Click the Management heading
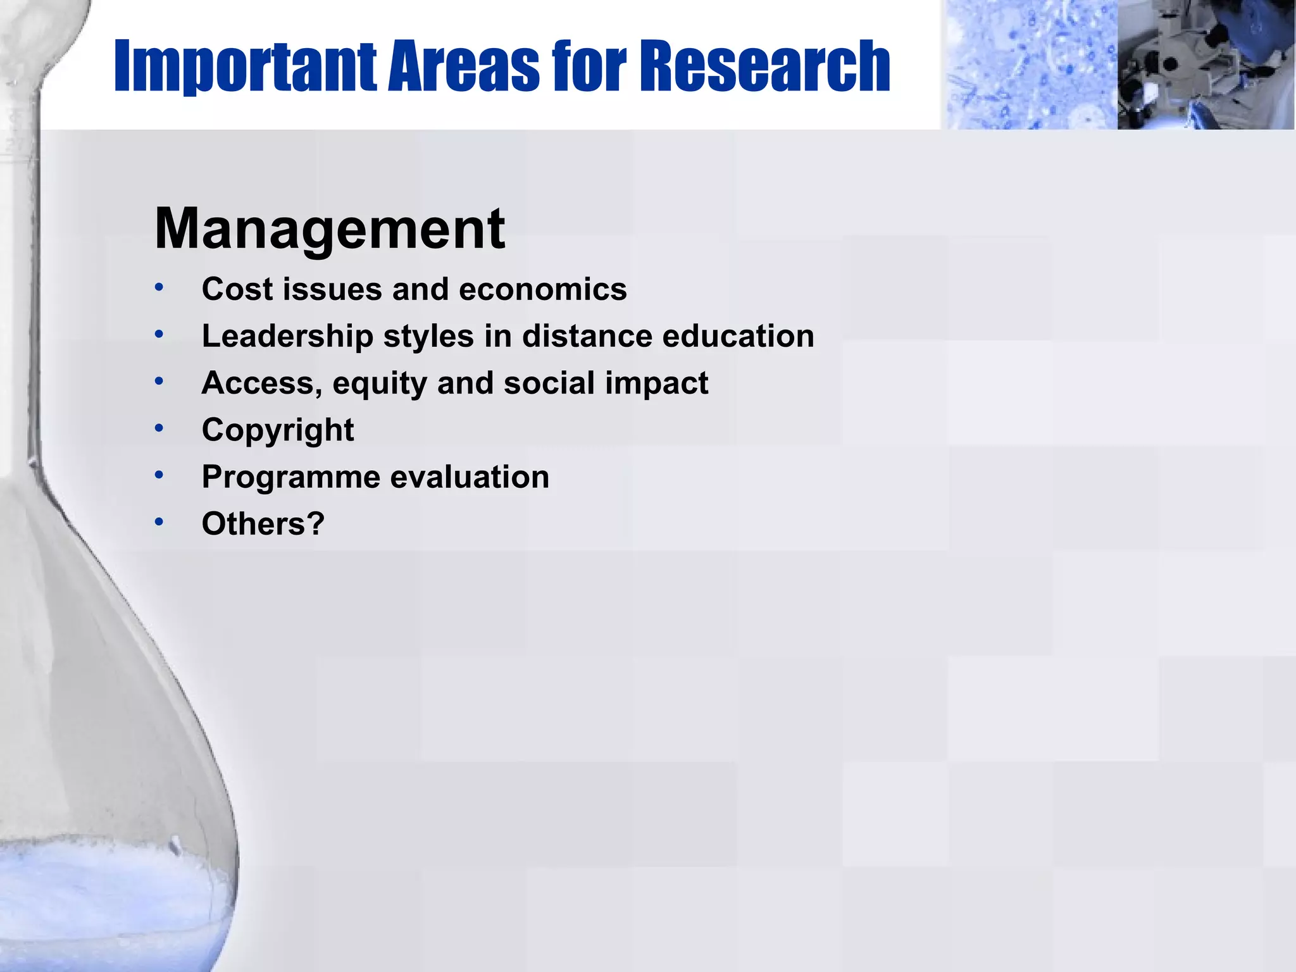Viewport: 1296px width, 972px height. [329, 229]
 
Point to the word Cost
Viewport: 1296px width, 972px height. [237, 290]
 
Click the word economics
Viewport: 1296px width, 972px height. [542, 290]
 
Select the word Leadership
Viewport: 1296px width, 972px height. [287, 337]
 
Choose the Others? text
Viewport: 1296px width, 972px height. [263, 525]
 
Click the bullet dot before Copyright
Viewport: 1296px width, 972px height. [159, 428]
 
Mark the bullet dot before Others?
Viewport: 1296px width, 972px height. [159, 522]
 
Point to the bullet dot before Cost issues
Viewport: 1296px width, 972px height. [159, 288]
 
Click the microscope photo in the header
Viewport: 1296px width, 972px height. [1206, 65]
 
